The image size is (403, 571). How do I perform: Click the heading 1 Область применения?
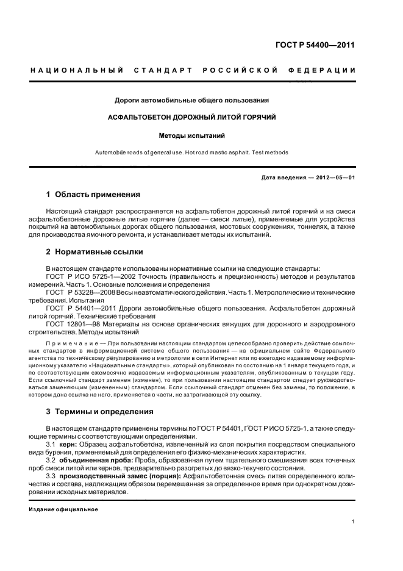pyautogui.click(x=93, y=195)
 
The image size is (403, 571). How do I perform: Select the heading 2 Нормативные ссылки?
pyautogui.click(x=96, y=251)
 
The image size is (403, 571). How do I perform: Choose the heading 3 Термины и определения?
pyautogui.click(x=100, y=412)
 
